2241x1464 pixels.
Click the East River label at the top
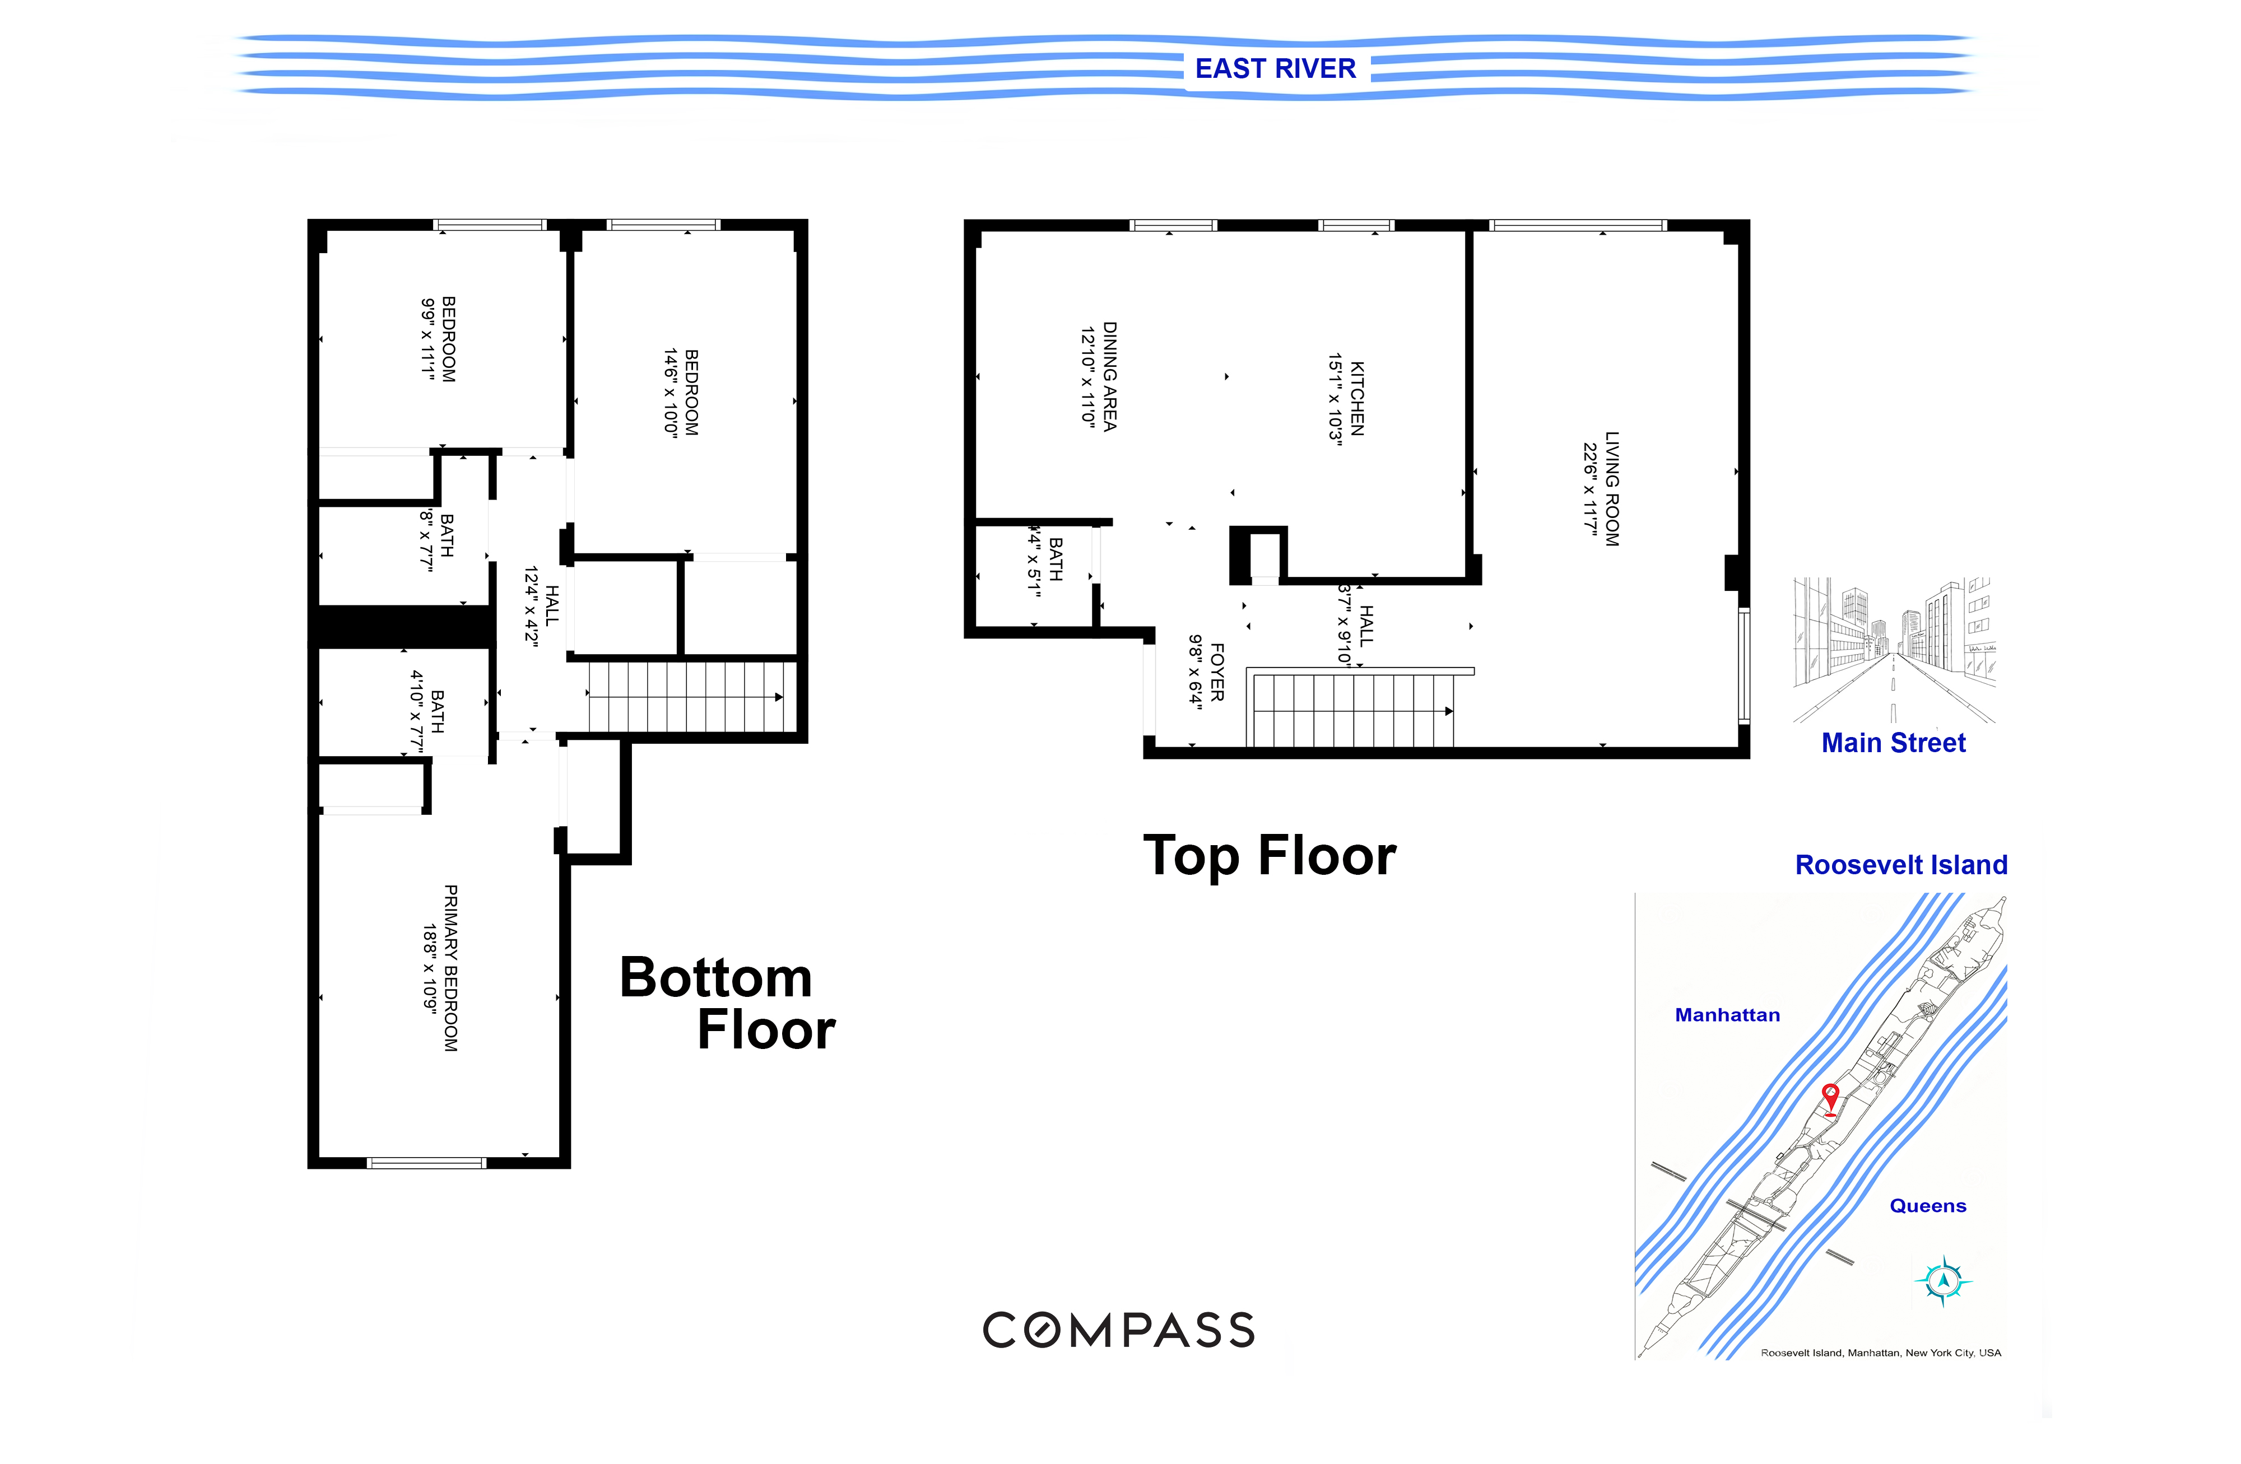pos(1275,69)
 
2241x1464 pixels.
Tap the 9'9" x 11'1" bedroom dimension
pos(429,339)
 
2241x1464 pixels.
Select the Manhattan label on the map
pos(1727,1015)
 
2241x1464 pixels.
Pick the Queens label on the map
pos(1927,1206)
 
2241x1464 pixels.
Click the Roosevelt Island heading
pos(1901,864)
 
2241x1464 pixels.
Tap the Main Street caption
pos(1894,743)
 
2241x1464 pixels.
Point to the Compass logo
pos(1119,1330)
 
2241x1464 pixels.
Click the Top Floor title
pos(1270,856)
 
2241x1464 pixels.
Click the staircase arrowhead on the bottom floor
pos(779,698)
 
